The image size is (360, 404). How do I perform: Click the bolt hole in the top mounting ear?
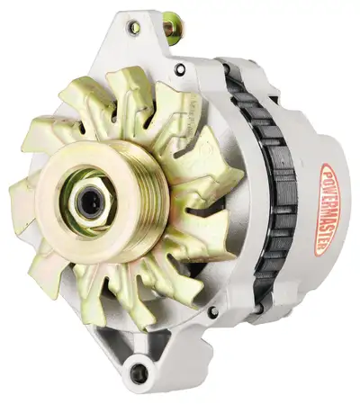tap(134, 28)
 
